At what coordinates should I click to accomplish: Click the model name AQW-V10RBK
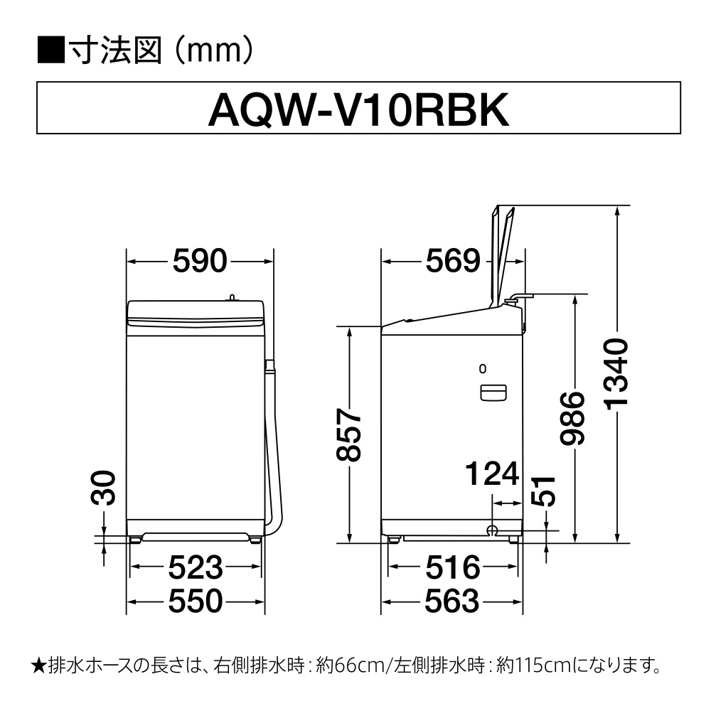[358, 110]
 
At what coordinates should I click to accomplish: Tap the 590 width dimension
[200, 261]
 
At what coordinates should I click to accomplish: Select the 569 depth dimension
[452, 261]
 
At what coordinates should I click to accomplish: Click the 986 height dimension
[572, 418]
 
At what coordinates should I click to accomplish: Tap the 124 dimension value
[493, 474]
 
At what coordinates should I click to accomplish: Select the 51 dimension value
[543, 491]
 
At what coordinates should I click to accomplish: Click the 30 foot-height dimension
[103, 488]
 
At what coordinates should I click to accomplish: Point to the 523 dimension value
[196, 567]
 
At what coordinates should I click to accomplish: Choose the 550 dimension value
[196, 601]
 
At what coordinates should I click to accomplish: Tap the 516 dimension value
[452, 567]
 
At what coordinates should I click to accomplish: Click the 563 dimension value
[451, 601]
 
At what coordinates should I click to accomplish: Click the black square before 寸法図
[50, 50]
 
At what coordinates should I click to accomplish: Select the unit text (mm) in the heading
[214, 50]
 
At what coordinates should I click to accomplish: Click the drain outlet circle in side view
[491, 530]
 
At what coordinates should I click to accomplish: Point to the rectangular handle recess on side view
[493, 392]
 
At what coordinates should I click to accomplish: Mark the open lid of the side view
[503, 257]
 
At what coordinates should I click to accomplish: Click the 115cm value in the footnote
[535, 665]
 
